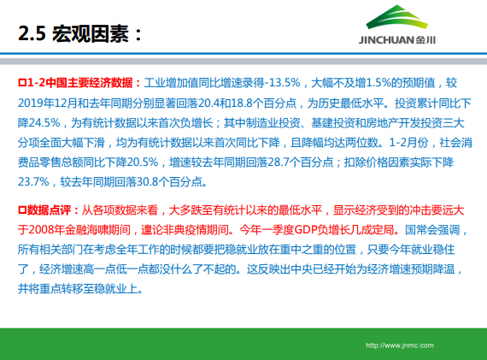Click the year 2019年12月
coord(50,103)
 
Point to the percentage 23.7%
coord(35,181)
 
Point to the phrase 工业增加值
coord(171,83)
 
